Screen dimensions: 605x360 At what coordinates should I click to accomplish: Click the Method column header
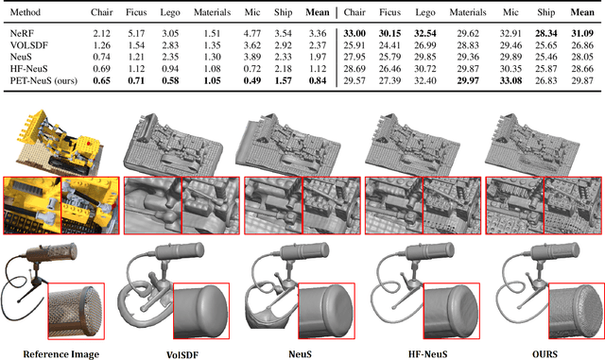pos(26,12)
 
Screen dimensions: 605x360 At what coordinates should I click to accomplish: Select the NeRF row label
pos(22,34)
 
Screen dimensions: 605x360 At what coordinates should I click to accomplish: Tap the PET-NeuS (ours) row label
pos(43,81)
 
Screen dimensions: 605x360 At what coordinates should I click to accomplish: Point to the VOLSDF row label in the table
pos(29,45)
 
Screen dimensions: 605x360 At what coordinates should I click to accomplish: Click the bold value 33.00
pos(354,34)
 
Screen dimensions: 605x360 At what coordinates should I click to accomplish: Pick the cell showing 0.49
pos(252,81)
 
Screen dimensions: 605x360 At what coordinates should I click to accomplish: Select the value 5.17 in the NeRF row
pos(136,34)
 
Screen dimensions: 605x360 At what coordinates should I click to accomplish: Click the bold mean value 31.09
pos(582,34)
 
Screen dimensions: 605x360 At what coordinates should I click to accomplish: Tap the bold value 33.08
pos(510,81)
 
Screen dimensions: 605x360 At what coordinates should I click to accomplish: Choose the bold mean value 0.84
pos(318,81)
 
